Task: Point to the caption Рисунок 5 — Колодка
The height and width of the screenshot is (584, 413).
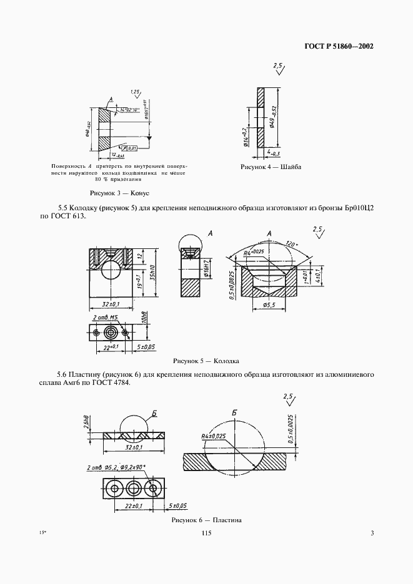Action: (x=206, y=361)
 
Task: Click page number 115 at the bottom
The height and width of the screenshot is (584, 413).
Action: (x=207, y=533)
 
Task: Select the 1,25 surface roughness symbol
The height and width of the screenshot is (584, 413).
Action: (x=135, y=92)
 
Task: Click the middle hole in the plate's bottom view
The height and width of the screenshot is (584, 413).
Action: (x=132, y=486)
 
